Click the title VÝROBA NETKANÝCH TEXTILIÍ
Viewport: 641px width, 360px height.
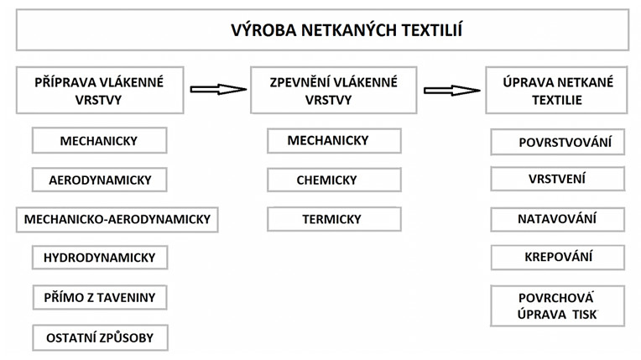(x=347, y=30)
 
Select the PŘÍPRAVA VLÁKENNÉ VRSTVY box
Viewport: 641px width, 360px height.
(x=100, y=90)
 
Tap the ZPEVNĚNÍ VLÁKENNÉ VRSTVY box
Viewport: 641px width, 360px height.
(x=334, y=90)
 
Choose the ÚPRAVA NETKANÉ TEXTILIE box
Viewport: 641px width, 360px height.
(x=556, y=90)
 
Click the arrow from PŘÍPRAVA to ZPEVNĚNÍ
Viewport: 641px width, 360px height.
(x=218, y=89)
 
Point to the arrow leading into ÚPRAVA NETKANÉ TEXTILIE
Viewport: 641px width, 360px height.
(x=451, y=90)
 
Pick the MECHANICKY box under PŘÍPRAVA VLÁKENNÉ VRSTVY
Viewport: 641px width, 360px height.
(x=99, y=140)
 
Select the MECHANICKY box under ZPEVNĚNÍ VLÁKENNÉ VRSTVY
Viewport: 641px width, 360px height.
(x=334, y=141)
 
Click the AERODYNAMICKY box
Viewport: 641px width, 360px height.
(x=99, y=180)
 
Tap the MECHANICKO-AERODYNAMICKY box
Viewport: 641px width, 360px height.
(x=117, y=220)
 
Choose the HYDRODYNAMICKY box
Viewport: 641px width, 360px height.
(x=100, y=258)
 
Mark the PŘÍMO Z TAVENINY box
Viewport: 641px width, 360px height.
(x=100, y=297)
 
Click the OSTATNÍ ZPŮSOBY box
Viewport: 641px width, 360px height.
(x=100, y=338)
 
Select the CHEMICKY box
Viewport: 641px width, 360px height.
(x=334, y=180)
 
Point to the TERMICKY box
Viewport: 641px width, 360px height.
(x=334, y=219)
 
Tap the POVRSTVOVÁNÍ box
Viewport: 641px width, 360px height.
(x=558, y=142)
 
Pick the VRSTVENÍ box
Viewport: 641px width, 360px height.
(x=558, y=179)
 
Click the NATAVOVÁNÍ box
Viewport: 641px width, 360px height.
(x=558, y=220)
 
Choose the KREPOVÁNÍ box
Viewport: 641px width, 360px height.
(x=558, y=258)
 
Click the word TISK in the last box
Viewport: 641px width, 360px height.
(x=585, y=314)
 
